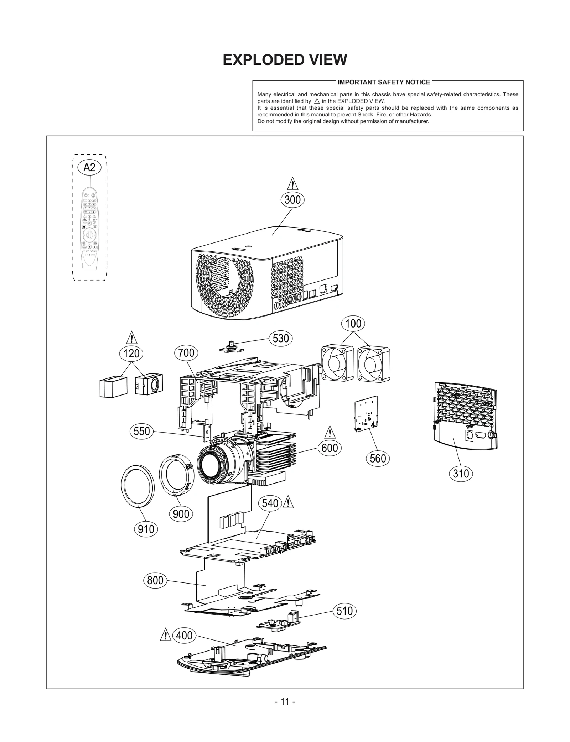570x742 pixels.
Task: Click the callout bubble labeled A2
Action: [89, 167]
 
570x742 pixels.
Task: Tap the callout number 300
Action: [292, 200]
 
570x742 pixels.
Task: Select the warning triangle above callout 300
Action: [292, 184]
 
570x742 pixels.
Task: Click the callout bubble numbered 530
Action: [280, 338]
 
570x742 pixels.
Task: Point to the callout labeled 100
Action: [353, 324]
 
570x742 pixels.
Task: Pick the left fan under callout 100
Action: [337, 363]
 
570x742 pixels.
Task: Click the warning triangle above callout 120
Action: [131, 338]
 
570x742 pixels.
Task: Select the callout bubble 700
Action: [186, 353]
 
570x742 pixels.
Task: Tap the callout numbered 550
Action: [141, 431]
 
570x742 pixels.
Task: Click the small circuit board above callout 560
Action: [367, 413]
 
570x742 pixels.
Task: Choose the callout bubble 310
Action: [461, 474]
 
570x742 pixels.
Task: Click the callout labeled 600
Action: [330, 448]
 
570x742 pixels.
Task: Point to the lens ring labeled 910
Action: [138, 485]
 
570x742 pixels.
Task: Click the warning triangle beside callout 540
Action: [288, 502]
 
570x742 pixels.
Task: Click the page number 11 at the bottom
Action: [285, 702]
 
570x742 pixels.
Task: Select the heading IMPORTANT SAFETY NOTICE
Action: [384, 82]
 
